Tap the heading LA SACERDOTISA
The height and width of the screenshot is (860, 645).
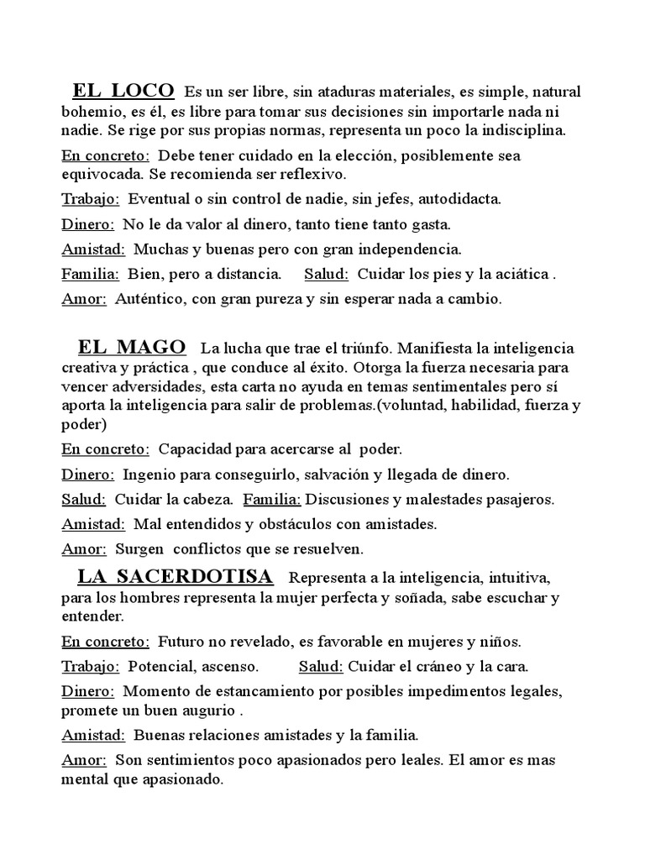click(175, 577)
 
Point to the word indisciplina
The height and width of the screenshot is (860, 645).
click(519, 131)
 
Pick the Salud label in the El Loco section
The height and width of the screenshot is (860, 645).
click(327, 274)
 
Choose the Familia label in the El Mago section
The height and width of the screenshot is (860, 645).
click(272, 499)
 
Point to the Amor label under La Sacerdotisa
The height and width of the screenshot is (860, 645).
click(84, 760)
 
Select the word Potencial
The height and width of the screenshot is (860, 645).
click(160, 667)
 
